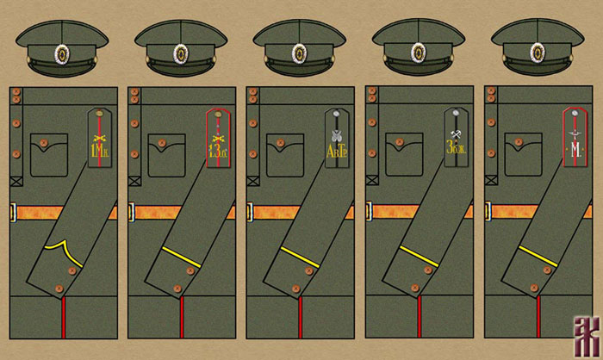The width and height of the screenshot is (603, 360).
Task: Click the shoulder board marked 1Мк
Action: click(x=97, y=138)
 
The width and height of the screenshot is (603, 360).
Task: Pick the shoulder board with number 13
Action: click(x=216, y=138)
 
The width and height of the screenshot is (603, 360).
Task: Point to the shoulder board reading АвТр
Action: click(x=335, y=138)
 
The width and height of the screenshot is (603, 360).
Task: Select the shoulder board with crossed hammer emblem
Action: click(x=455, y=138)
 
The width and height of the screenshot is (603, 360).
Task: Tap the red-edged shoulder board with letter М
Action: click(x=574, y=138)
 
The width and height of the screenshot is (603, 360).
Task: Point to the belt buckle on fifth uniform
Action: click(x=488, y=212)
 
